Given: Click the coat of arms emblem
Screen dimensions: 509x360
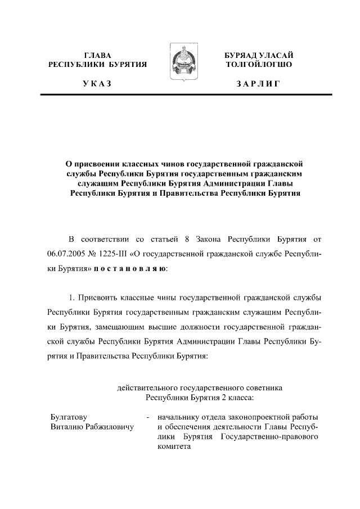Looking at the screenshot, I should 180,67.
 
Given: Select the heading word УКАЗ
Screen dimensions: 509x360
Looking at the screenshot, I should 97,84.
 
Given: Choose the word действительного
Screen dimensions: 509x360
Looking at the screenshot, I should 147,388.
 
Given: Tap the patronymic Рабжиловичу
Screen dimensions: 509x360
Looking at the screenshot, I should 108,427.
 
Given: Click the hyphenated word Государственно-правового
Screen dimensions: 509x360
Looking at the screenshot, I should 271,437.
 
